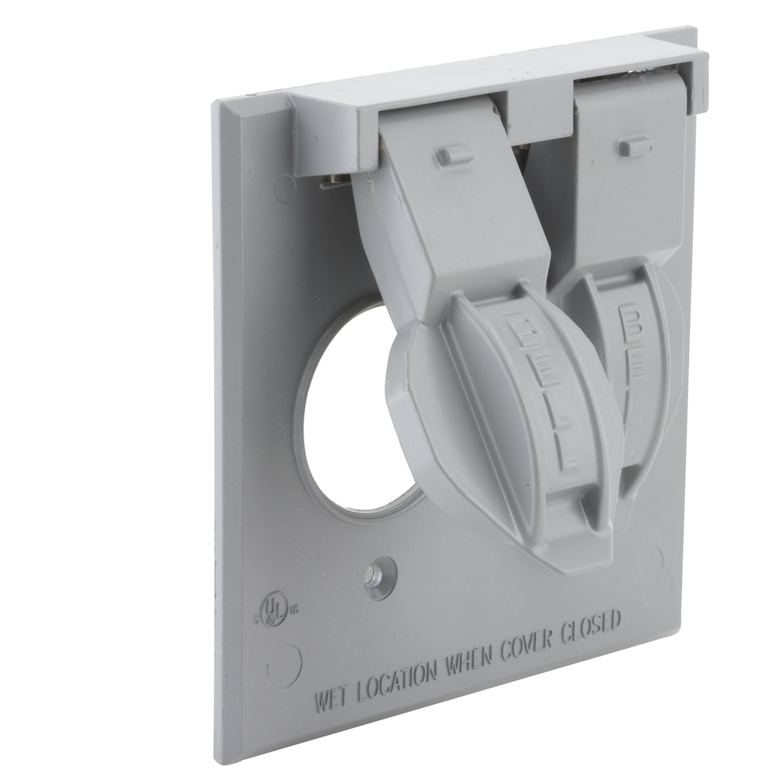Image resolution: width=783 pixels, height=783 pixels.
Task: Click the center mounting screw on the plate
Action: click(x=379, y=577)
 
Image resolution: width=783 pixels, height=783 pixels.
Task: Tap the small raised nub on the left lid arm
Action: click(x=454, y=155)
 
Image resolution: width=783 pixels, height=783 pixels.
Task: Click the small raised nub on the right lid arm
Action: click(x=635, y=146)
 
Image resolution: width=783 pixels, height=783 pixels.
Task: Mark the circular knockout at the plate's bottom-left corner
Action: click(x=284, y=664)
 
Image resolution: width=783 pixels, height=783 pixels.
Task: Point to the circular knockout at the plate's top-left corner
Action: click(x=284, y=187)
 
